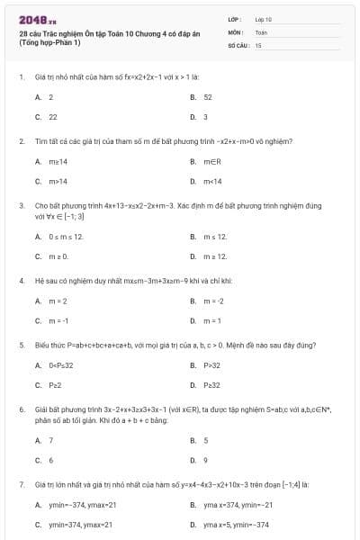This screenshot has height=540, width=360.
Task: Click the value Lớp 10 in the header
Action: (x=264, y=19)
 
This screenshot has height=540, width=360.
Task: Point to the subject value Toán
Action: (x=261, y=31)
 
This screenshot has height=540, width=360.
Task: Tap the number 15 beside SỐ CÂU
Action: (x=258, y=44)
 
